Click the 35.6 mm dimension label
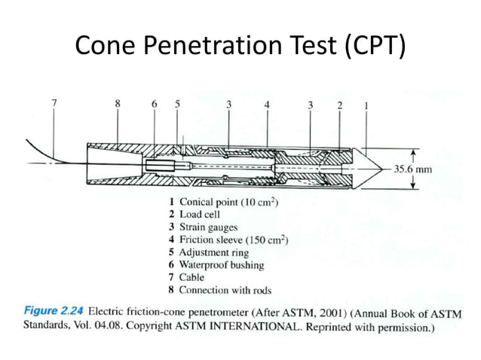click(x=413, y=169)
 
